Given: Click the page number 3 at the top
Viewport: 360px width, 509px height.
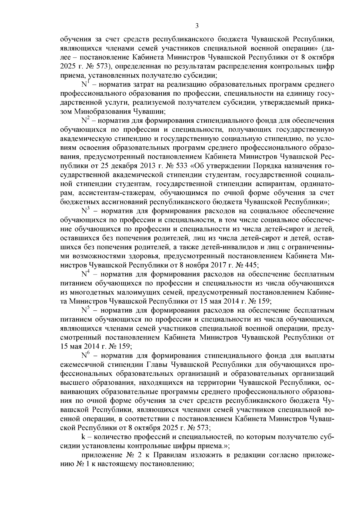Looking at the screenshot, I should click(197, 26).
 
